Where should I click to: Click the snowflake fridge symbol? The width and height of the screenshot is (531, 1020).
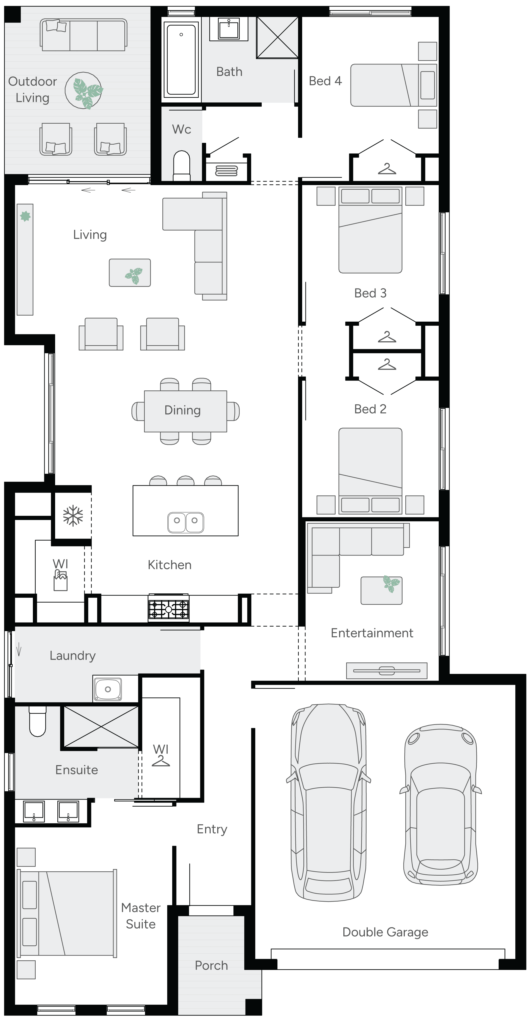[73, 516]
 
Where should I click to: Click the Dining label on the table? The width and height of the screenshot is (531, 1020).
[183, 410]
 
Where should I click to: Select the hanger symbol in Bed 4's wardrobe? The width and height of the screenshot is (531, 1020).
[387, 169]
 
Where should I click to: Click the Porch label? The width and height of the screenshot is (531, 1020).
[211, 965]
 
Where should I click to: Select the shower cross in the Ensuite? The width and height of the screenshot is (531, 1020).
[101, 727]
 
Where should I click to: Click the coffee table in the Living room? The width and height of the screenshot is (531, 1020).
[130, 272]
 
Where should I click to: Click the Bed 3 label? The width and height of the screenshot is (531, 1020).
[370, 293]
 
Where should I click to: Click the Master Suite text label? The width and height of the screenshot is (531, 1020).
[141, 916]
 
